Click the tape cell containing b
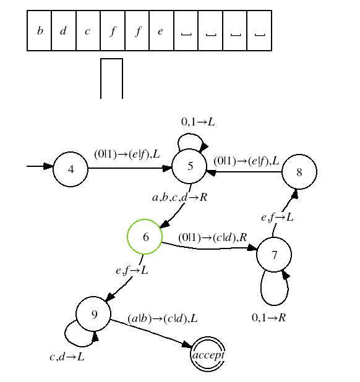(39, 30)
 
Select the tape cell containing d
(64, 30)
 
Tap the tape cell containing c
(88, 30)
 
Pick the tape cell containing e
(161, 30)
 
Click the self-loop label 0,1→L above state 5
(198, 122)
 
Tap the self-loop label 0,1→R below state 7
(268, 318)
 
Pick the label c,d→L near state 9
(67, 357)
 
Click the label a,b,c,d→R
(179, 197)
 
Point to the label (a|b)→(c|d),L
(163, 318)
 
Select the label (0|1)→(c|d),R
(213, 237)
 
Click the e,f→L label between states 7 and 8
(277, 217)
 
